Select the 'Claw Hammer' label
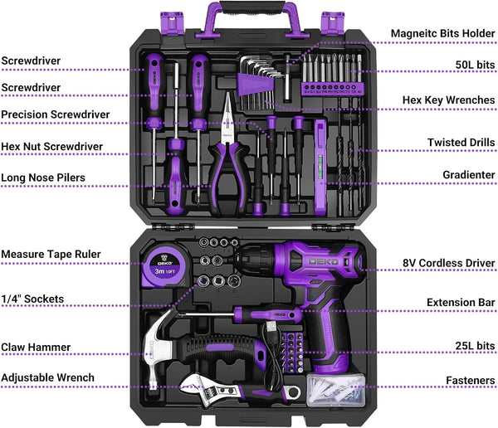tap(36, 348)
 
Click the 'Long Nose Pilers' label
tap(43, 177)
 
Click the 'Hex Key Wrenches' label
tap(448, 100)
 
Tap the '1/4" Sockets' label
tap(32, 299)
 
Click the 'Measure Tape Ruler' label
tap(51, 254)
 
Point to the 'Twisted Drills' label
tap(461, 143)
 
